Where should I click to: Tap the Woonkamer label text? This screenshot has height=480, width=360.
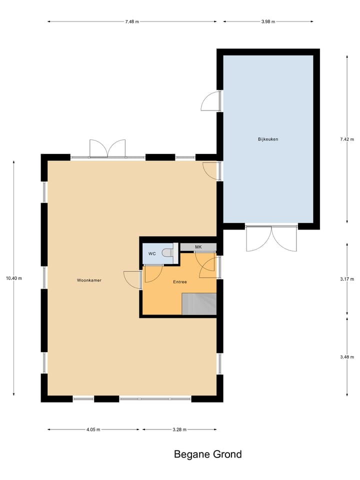pos(89,280)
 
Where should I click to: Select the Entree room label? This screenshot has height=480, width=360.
pos(180,282)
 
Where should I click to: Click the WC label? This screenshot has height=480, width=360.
pos(152,254)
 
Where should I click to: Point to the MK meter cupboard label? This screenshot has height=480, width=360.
pos(198,247)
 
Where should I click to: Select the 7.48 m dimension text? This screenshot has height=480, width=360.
pos(132,21)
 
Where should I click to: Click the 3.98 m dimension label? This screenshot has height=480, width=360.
pos(268,21)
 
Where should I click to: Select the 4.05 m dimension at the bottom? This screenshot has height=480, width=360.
pos(93,429)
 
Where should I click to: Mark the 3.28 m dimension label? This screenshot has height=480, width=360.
pos(179,429)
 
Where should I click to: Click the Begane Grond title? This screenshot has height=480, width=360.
pos(207,454)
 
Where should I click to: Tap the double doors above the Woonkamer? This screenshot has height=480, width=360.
pos(107,148)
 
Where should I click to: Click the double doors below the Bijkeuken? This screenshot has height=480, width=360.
pos(271,238)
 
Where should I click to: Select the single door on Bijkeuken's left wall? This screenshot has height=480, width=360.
pos(210,101)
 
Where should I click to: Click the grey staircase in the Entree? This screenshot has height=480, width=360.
pos(199,304)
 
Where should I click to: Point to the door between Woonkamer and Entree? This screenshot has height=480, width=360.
pos(133,279)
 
